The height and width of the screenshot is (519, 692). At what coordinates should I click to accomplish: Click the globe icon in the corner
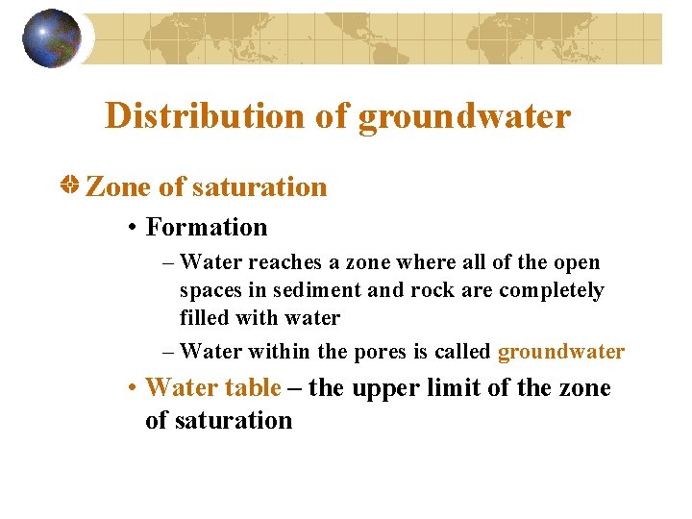(x=52, y=38)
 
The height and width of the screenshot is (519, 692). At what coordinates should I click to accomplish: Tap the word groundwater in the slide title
(x=464, y=116)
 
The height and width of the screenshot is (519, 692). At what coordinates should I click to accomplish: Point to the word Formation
(x=207, y=228)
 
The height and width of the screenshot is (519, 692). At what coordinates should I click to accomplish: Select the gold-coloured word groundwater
(x=561, y=352)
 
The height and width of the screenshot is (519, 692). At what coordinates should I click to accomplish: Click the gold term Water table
(x=213, y=388)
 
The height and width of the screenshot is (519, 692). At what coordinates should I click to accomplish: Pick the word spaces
(x=210, y=290)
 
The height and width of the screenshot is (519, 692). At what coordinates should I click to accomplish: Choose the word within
(x=266, y=352)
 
